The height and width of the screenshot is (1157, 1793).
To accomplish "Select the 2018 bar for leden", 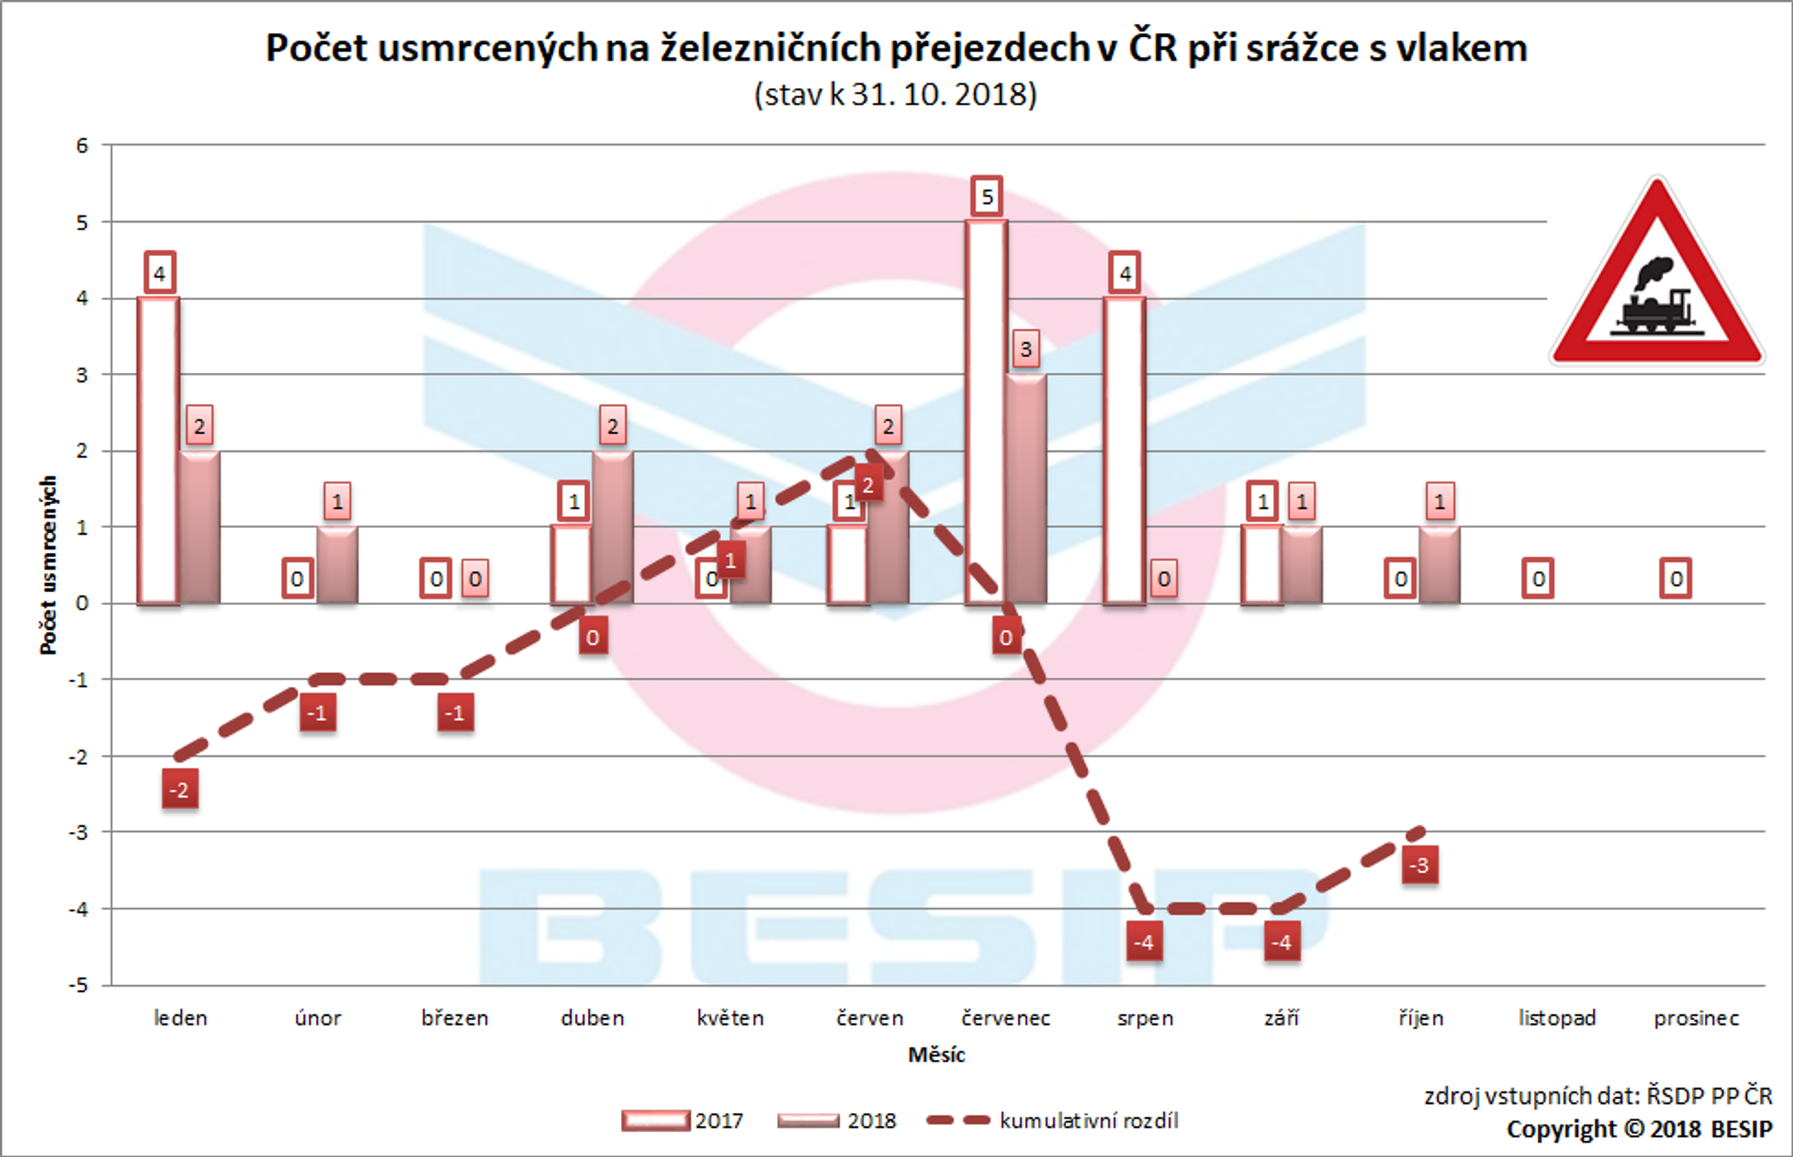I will tap(199, 527).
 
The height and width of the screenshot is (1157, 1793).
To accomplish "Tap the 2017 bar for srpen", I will tap(1124, 451).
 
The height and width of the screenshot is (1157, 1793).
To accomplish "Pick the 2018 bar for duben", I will tap(613, 527).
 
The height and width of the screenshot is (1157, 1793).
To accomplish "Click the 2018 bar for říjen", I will tap(1439, 565).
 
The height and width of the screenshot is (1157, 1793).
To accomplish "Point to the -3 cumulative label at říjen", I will tap(1419, 865).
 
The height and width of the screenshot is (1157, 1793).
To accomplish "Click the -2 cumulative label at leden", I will tap(179, 790).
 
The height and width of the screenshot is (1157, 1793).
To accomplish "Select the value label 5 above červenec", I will tap(987, 197).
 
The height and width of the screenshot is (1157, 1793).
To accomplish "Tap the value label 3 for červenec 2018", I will tap(1026, 349).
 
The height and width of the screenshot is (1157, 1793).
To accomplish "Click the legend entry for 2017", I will tap(684, 1121).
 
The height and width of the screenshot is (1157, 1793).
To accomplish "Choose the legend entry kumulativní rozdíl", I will tap(1052, 1121).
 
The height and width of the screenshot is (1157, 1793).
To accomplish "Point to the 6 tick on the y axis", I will tap(82, 146).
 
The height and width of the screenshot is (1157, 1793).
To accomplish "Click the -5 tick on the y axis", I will tap(79, 986).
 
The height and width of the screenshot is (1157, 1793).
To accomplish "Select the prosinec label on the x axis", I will tap(1696, 1019).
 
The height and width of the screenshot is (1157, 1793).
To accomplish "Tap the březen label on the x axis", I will tap(455, 1019).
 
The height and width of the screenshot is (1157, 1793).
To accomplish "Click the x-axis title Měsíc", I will tap(936, 1055).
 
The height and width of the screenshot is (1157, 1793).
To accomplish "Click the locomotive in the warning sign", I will tap(1656, 300).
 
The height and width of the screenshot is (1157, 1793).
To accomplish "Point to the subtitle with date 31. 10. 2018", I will tap(896, 95).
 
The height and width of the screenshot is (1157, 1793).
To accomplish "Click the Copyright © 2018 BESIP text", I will tap(1639, 1129).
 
